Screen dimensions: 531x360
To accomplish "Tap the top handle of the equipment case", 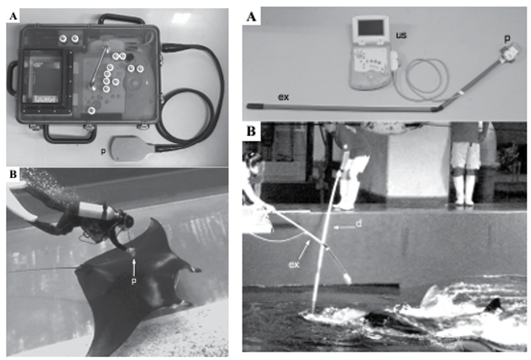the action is pos(122,19).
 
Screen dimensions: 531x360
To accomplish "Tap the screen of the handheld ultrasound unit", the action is pos(370,28).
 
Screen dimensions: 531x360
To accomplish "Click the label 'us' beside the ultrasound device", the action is pos(401,35).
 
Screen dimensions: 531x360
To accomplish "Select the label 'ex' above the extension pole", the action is pos(283,97).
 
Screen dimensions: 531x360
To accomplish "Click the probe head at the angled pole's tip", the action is pos(510,53).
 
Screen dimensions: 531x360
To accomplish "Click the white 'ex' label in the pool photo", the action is pos(294,265).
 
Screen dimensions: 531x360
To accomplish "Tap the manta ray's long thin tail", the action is pos(43,270).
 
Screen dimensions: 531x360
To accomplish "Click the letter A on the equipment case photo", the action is pos(13,16).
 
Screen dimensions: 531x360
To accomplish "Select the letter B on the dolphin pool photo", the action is pos(251,131).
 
